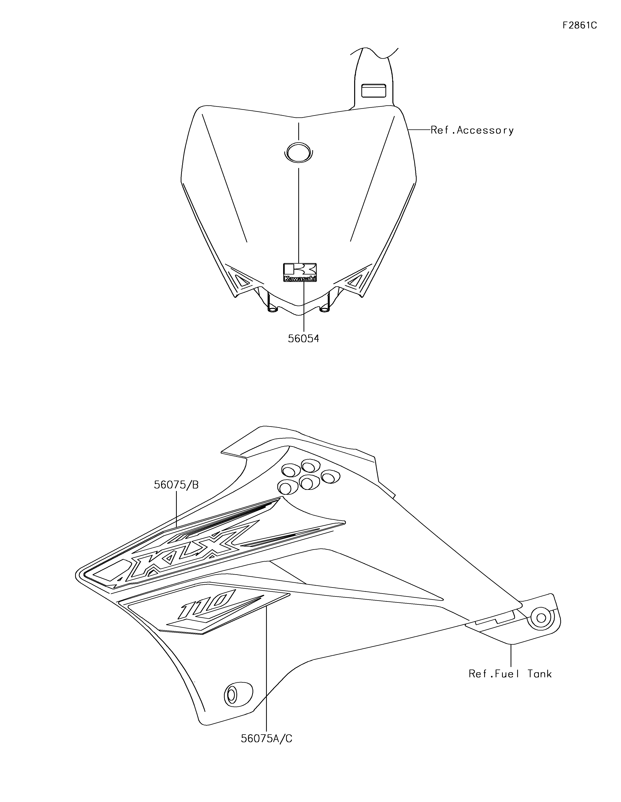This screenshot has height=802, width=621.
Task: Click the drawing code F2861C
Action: point(579,25)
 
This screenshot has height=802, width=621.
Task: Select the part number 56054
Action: point(303,338)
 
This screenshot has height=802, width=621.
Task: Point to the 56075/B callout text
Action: point(176,485)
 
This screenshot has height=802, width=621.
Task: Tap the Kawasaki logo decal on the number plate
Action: point(300,272)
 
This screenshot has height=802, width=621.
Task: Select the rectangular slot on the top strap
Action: point(374,90)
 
